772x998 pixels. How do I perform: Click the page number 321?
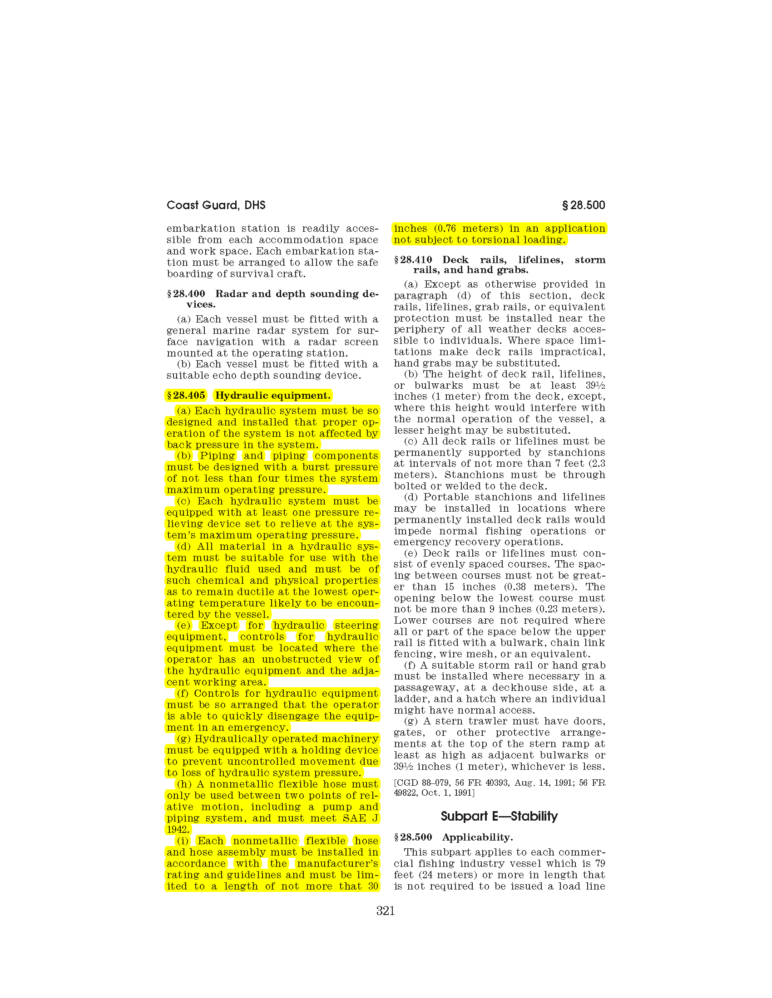click(x=385, y=911)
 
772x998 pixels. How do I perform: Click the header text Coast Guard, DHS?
click(x=216, y=205)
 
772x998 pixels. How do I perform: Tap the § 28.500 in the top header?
click(x=584, y=205)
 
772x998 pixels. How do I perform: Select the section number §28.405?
click(x=186, y=395)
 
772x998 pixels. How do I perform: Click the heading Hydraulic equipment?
click(x=272, y=395)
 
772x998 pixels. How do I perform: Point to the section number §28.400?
click(x=186, y=294)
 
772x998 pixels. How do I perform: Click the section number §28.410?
click(x=413, y=260)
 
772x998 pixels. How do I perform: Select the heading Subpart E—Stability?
click(x=499, y=816)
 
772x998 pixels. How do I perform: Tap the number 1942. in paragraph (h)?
click(x=178, y=829)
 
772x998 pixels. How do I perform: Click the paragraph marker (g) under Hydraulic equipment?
click(x=183, y=739)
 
